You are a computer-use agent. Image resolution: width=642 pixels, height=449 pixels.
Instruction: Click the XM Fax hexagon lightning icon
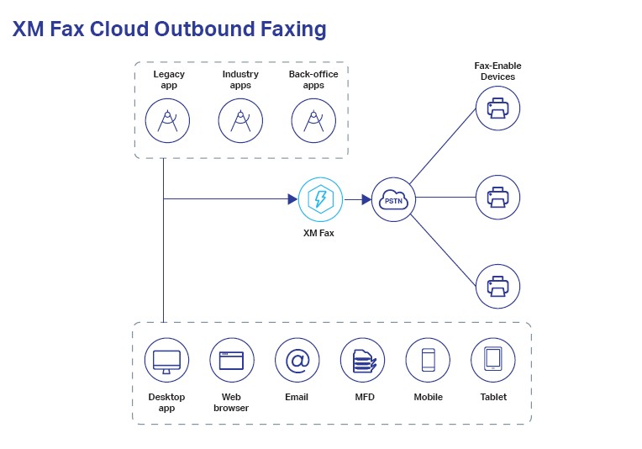(320, 199)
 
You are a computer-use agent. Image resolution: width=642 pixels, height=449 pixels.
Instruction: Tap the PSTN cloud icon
(393, 199)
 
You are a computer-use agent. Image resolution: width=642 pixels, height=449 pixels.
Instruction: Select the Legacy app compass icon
(168, 121)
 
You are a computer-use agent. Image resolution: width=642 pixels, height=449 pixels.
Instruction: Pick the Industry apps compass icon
(240, 121)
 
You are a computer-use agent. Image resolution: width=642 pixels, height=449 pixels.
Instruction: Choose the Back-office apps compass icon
(313, 121)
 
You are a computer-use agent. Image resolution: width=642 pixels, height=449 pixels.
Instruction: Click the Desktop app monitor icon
(166, 360)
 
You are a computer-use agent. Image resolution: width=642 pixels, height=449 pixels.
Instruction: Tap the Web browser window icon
(231, 360)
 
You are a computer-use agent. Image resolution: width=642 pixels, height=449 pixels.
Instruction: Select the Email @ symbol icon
(297, 360)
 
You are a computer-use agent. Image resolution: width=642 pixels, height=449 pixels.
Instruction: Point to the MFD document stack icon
(362, 360)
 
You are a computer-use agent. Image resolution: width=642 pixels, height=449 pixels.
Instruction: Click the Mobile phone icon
(428, 360)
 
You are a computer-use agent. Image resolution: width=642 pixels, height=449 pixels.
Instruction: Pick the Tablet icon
(492, 360)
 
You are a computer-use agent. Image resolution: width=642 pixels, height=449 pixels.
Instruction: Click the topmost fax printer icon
(497, 108)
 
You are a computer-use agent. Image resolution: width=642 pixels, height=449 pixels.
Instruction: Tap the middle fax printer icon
(497, 198)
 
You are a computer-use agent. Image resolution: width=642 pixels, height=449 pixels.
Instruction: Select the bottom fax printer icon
(497, 286)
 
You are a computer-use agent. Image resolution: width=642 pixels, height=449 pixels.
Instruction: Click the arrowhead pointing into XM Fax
(292, 199)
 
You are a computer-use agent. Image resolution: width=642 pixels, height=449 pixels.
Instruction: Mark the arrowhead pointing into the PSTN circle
(366, 199)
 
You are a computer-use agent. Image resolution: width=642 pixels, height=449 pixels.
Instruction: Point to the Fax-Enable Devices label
(497, 71)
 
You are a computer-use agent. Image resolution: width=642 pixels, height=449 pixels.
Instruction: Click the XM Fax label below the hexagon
(318, 233)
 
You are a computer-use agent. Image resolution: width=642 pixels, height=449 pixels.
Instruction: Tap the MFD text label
(364, 397)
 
